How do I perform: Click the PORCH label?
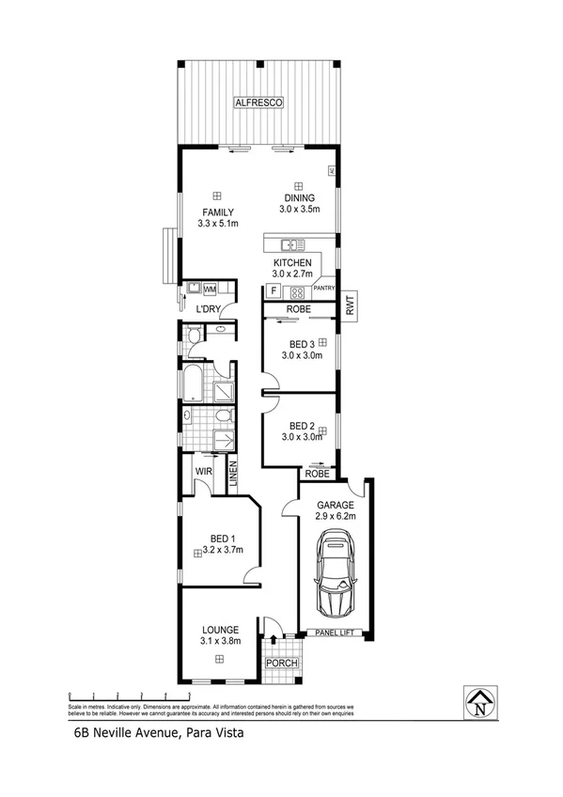point(282,663)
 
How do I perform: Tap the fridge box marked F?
point(274,291)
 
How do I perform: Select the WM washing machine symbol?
point(210,289)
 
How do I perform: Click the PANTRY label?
point(324,289)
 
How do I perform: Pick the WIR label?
point(203,471)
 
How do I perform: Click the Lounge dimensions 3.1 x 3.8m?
point(220,641)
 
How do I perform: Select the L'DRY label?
point(208,307)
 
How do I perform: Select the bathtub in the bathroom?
point(191,384)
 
